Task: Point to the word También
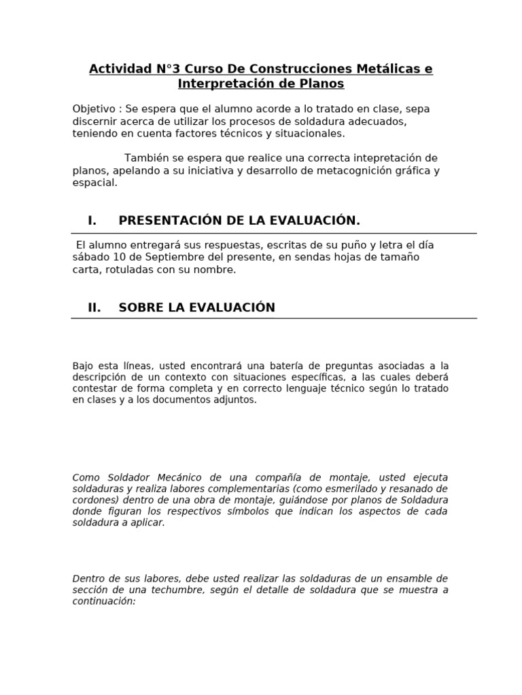click(x=147, y=158)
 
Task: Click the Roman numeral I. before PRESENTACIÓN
click(x=92, y=221)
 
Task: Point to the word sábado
click(x=90, y=257)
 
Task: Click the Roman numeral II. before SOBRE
click(x=94, y=307)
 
